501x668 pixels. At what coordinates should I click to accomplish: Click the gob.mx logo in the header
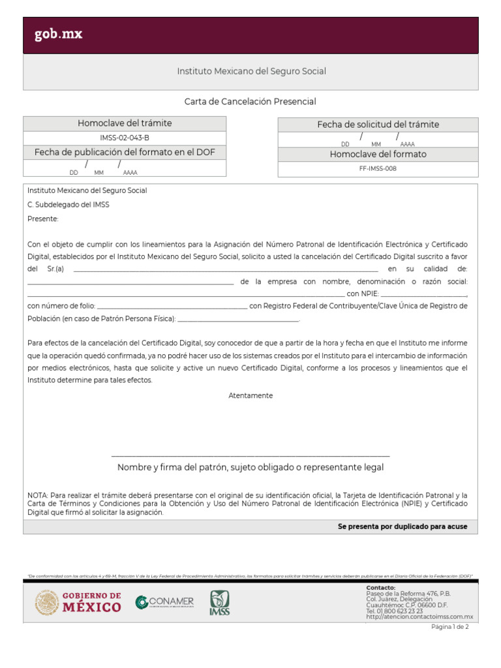coord(59,35)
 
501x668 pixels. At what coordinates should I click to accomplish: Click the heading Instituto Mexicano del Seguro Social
coord(251,71)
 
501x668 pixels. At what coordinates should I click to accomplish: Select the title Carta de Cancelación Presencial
coord(250,102)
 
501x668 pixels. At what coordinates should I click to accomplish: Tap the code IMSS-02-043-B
coord(125,138)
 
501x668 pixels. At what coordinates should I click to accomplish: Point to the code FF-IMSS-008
coord(378,168)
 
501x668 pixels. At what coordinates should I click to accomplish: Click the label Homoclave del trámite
coord(125,123)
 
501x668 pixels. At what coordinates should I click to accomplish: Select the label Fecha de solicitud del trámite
coord(378,125)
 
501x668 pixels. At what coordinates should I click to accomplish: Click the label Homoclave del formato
coord(378,155)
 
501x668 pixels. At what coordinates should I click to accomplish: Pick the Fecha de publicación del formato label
coord(125,152)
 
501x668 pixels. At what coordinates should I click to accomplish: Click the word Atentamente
coord(250,396)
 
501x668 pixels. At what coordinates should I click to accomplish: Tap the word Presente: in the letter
coord(43,219)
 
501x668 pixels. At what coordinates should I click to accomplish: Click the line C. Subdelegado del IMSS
coord(68,205)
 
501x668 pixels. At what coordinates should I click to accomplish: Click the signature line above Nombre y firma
coord(250,455)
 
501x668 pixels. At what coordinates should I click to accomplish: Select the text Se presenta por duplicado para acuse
coord(402,526)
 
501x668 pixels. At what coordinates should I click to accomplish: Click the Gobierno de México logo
coord(78,603)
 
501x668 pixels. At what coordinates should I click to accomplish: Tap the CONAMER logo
coord(164,602)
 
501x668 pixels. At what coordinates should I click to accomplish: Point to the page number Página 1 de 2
coord(449,627)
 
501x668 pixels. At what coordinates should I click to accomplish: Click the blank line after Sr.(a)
coord(226,269)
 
